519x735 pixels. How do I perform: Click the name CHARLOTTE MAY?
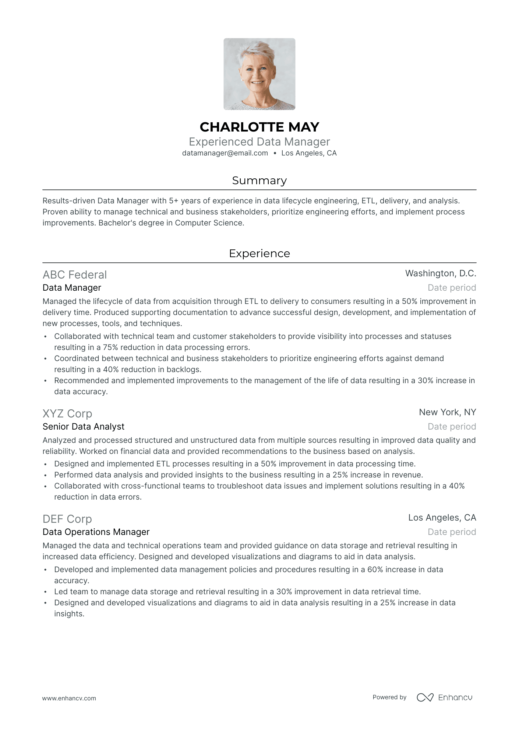pos(259,127)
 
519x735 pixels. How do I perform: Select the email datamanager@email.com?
pos(225,153)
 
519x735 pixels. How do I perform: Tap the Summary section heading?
pos(259,181)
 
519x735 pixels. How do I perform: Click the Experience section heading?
pos(259,253)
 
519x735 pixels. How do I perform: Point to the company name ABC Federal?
pos(74,275)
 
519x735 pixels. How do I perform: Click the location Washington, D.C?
pos(440,273)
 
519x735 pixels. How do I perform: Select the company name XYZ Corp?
pos(67,414)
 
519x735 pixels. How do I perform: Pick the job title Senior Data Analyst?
pos(83,427)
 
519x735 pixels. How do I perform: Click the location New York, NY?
pos(447,412)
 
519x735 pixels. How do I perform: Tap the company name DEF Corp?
pos(67,519)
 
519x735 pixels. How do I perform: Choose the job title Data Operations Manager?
pos(96,532)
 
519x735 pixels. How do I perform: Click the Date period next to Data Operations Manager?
pos(452,532)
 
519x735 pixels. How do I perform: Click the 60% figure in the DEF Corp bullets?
pos(375,570)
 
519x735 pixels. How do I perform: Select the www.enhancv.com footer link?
pos(69,698)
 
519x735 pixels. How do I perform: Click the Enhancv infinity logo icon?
pos(425,697)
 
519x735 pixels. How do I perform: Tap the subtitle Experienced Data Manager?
pos(259,142)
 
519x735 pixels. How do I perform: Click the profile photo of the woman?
pos(259,74)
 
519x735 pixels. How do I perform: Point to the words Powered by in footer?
pos(389,697)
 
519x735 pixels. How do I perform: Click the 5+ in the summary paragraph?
pos(173,201)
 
